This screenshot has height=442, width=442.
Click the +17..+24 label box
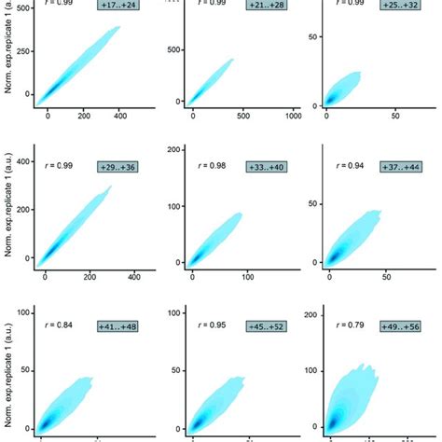117,5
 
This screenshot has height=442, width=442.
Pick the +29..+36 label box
117,166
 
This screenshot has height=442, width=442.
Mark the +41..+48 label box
117,326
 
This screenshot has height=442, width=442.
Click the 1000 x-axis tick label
292,117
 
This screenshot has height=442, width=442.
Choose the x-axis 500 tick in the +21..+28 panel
242,117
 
